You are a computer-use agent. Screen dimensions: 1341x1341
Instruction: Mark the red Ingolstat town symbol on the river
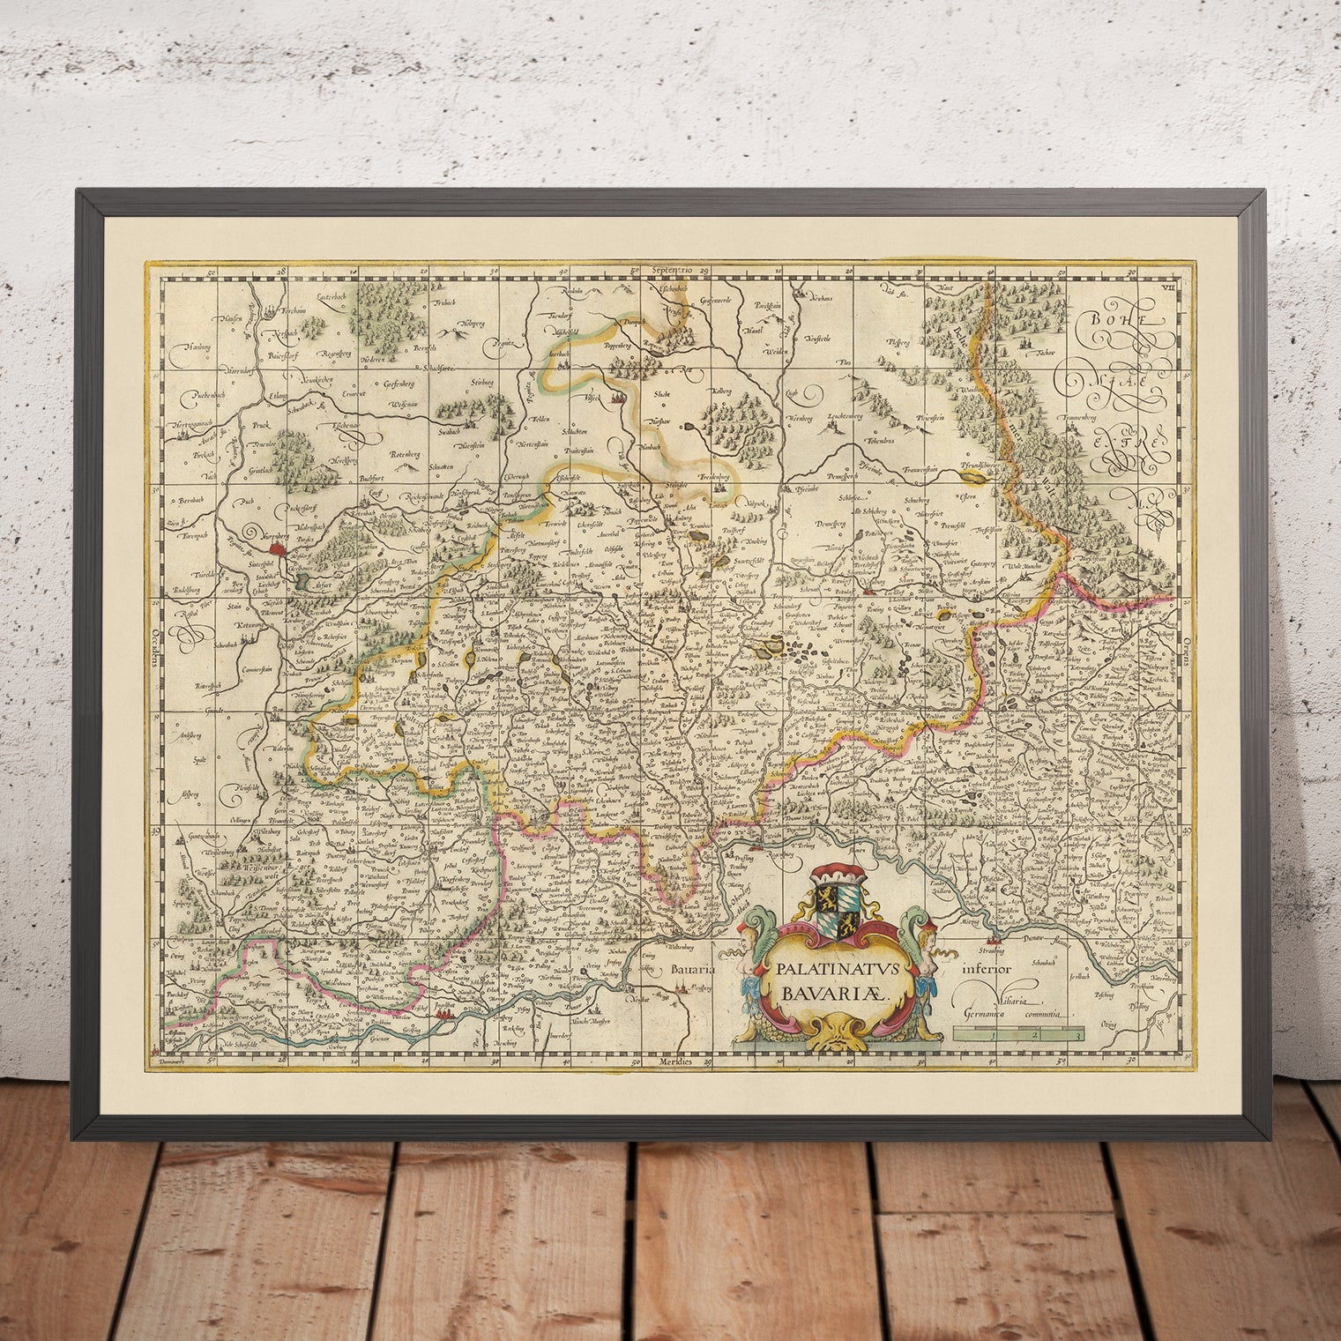coord(441,1019)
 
